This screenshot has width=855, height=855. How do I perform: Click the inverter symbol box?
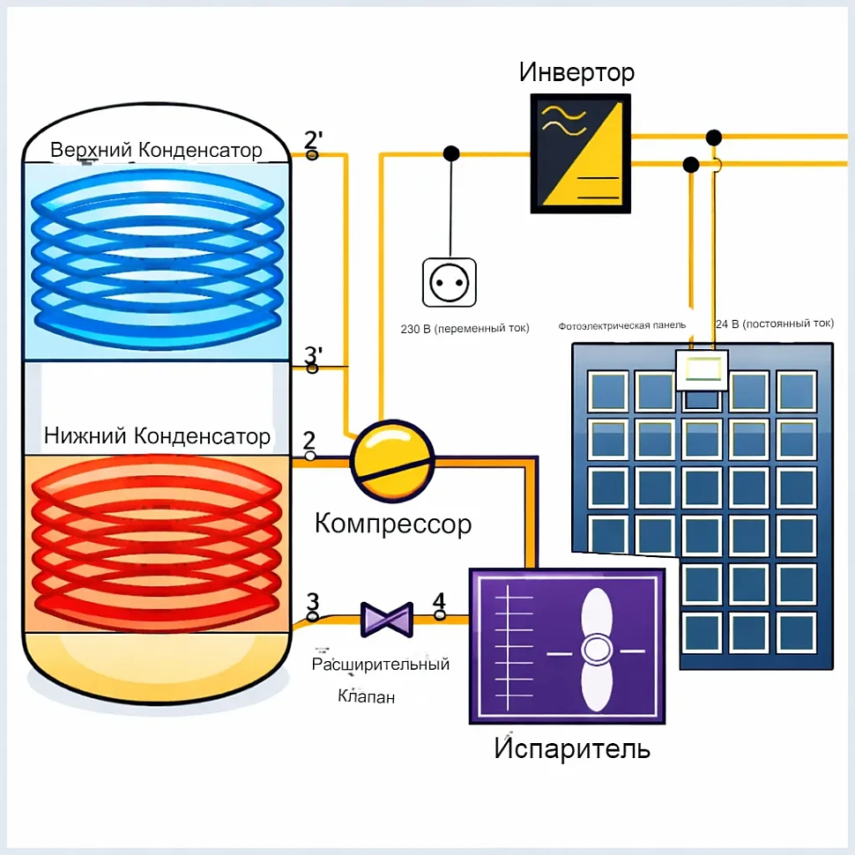click(581, 153)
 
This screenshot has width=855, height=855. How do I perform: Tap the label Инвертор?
click(576, 71)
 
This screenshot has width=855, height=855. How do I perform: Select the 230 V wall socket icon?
click(449, 282)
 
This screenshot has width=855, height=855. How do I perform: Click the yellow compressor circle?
click(392, 459)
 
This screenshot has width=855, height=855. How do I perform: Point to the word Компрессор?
click(393, 524)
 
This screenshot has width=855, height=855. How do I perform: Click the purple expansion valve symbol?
click(386, 620)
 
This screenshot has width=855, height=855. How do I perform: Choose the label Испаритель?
click(572, 749)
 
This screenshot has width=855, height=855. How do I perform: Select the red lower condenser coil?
click(157, 541)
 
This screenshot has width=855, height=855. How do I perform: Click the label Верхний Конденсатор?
click(156, 150)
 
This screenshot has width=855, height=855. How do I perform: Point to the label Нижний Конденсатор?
click(157, 435)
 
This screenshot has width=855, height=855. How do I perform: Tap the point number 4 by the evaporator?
click(439, 602)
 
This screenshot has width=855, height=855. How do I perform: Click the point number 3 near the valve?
click(313, 602)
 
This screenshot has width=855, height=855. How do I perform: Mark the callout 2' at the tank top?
click(314, 140)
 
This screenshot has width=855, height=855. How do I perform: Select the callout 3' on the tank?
click(313, 355)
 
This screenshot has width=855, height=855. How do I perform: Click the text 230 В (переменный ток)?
click(465, 329)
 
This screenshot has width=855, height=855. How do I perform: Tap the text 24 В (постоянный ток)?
click(774, 323)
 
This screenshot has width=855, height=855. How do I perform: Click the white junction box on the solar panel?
click(702, 370)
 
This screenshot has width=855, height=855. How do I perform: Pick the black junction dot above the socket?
click(451, 153)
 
